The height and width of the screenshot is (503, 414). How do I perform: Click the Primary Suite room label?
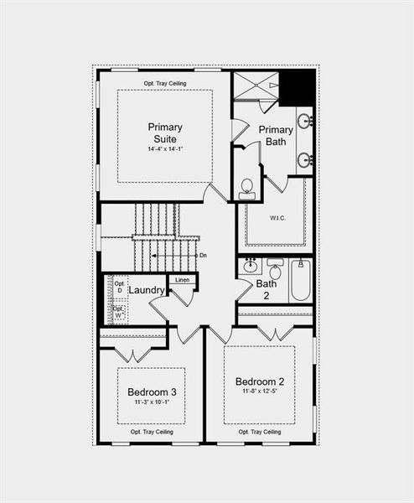pyautogui.click(x=165, y=132)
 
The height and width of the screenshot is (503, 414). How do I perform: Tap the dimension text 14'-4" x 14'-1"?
pyautogui.click(x=165, y=149)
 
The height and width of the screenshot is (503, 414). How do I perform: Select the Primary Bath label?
pyautogui.click(x=276, y=135)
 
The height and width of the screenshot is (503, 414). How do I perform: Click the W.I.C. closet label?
pyautogui.click(x=277, y=218)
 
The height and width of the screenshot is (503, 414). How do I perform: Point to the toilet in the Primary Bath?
pyautogui.click(x=247, y=188)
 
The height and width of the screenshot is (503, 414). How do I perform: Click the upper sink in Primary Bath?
pyautogui.click(x=305, y=122)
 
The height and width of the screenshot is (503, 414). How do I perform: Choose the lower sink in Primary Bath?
pyautogui.click(x=305, y=158)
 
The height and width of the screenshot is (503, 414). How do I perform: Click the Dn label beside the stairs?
pyautogui.click(x=203, y=255)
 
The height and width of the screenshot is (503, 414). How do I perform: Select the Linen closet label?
pyautogui.click(x=183, y=279)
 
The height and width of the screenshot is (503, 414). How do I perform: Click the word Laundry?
pyautogui.click(x=146, y=290)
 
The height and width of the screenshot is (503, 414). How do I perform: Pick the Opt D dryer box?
pyautogui.click(x=118, y=286)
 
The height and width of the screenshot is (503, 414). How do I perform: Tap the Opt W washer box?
pyautogui.click(x=118, y=312)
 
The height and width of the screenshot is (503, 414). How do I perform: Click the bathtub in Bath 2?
pyautogui.click(x=300, y=282)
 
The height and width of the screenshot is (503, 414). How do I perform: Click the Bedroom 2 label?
pyautogui.click(x=259, y=381)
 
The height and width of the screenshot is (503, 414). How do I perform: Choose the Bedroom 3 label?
pyautogui.click(x=152, y=392)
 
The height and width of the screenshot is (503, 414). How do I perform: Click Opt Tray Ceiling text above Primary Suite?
pyautogui.click(x=165, y=84)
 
